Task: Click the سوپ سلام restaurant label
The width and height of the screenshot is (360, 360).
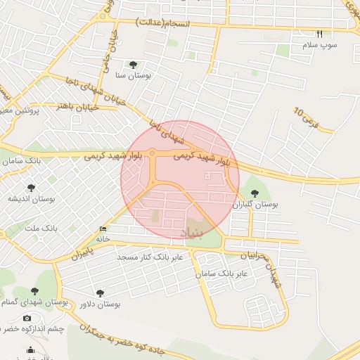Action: point(320,45)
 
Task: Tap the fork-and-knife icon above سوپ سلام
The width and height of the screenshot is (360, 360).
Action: point(319,34)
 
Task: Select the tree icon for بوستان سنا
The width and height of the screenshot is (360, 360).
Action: point(133,65)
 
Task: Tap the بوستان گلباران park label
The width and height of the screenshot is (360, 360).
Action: point(256,205)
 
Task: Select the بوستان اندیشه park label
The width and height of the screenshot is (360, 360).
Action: point(32,199)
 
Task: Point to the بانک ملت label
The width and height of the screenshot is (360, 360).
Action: point(39,228)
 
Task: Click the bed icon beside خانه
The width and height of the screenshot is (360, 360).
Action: point(103,229)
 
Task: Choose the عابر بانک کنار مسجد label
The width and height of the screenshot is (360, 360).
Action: point(150,257)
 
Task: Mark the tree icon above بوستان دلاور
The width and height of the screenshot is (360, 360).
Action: point(99,292)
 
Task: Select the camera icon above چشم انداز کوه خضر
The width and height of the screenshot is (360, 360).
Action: point(27,319)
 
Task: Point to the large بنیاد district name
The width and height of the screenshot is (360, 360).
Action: point(194,232)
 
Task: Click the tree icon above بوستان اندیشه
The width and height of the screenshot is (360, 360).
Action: point(31,187)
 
